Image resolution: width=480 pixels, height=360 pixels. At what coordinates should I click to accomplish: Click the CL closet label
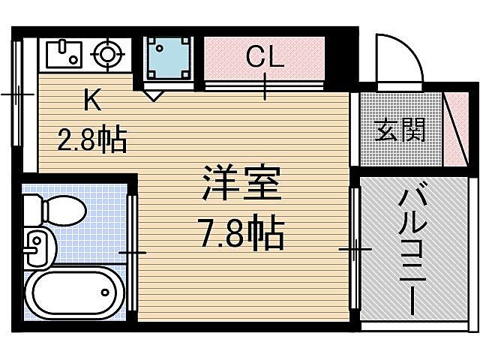265,57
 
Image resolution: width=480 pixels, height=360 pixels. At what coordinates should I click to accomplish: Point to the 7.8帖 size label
241,235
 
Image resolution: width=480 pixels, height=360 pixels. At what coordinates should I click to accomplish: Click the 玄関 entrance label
400,130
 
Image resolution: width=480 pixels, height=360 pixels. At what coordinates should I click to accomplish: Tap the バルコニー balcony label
410,252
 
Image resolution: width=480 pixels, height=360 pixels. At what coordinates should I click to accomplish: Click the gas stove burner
106,54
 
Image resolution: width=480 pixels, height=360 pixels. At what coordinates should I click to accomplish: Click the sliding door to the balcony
355,247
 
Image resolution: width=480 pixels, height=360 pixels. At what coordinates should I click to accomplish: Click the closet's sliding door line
265,84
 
